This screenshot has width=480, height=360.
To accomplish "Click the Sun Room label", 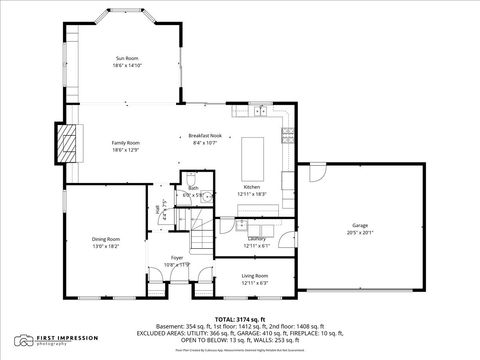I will point(126,58).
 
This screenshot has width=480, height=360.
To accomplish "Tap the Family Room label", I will point(126,143).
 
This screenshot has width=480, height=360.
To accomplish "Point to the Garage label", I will point(359,226).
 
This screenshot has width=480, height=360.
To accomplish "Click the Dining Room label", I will point(106,239).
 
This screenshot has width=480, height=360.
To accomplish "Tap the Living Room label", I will point(255,276).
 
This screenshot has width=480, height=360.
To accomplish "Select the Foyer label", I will point(177,258).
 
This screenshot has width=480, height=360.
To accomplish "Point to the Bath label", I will point(193,188).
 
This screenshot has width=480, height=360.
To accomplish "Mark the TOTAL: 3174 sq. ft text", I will point(239,318).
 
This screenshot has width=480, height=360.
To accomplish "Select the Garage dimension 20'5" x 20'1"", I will point(359,232).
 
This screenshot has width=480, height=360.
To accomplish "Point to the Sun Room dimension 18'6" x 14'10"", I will point(126,65).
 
